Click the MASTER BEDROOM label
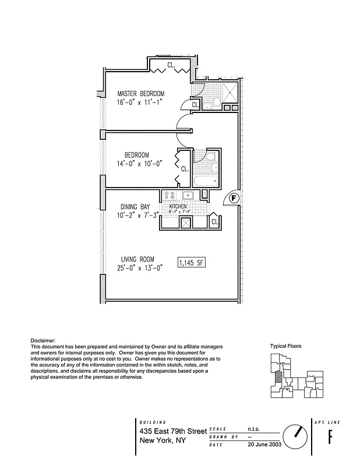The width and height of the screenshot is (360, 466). pyautogui.click(x=140, y=93)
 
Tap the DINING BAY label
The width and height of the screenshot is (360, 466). pyautogui.click(x=135, y=207)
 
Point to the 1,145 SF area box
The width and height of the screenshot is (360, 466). pyautogui.click(x=192, y=263)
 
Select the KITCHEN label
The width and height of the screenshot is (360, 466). pyautogui.click(x=178, y=207)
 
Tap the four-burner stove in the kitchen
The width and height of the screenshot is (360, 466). pyautogui.click(x=169, y=196)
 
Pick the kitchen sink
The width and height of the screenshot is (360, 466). pyautogui.click(x=188, y=196)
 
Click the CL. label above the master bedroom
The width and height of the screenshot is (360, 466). pyautogui.click(x=171, y=66)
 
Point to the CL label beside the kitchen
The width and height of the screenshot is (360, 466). pyautogui.click(x=214, y=221)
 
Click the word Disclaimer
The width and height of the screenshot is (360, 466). pyautogui.click(x=43, y=340)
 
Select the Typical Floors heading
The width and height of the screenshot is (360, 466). pyautogui.click(x=285, y=346)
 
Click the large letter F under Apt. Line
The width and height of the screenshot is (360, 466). pyautogui.click(x=330, y=437)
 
